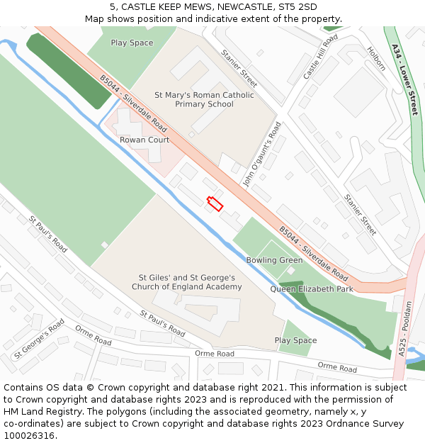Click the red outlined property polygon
[x=215, y=203]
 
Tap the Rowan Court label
[x=144, y=140]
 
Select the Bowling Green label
[x=274, y=260]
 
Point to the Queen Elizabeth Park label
[x=311, y=289]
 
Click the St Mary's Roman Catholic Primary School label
[x=204, y=99]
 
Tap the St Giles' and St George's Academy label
[x=186, y=282]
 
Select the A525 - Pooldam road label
[x=402, y=337]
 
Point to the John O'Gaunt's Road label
[x=262, y=155]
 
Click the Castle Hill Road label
[x=320, y=55]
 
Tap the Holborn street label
[x=376, y=59]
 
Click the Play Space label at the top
[x=132, y=43]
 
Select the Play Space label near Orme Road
[x=295, y=340]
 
